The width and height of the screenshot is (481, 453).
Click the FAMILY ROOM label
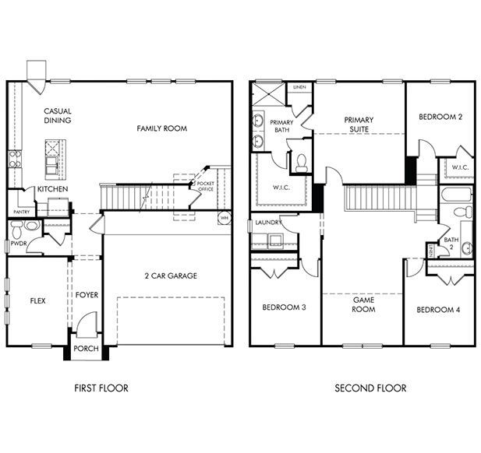click(161, 128)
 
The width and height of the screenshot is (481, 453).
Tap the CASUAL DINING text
click(58, 115)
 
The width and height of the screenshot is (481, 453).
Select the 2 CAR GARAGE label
click(171, 276)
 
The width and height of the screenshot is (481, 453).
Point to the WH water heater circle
click(225, 218)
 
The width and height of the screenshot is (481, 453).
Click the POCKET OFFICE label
click(206, 186)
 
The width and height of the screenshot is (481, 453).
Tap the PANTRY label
click(22, 212)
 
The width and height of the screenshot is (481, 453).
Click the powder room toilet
click(16, 229)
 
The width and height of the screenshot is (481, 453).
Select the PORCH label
click(86, 349)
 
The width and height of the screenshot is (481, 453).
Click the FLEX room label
click(37, 300)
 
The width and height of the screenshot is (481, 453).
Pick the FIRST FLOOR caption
click(101, 388)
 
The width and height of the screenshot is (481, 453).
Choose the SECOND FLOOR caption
click(370, 388)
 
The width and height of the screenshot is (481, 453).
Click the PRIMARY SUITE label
click(359, 125)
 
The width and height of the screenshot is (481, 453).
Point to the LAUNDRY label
click(268, 223)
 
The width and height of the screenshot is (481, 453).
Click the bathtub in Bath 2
click(456, 194)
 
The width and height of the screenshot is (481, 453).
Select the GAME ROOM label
click(363, 304)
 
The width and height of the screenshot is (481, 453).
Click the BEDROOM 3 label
click(284, 307)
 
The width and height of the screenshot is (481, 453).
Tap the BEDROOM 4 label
click(438, 310)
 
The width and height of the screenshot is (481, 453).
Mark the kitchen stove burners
click(15, 160)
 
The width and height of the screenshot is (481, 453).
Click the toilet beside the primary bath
click(301, 163)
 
